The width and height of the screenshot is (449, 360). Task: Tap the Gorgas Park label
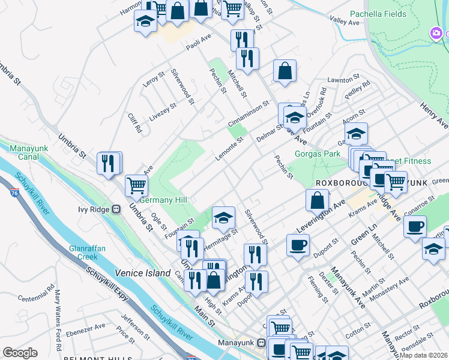pyautogui.click(x=318, y=154)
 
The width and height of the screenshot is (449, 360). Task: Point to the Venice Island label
pyautogui.click(x=143, y=273)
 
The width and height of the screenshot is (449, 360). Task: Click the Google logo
pyautogui.click(x=20, y=353)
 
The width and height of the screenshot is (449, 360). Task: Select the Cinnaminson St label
pyautogui.click(x=252, y=113)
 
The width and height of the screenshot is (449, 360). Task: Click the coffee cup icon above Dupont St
pyautogui.click(x=298, y=245)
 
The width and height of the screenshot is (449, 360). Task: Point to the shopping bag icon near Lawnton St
pyautogui.click(x=285, y=71)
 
